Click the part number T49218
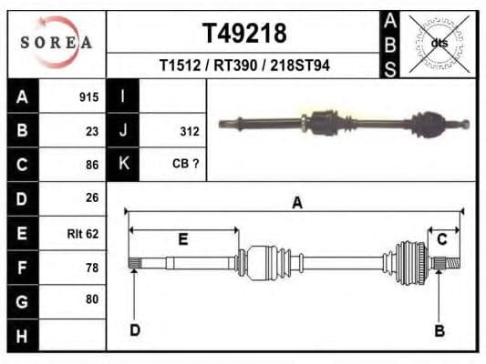point(243,34)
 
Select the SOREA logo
point(57,43)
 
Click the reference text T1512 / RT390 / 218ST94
point(243,66)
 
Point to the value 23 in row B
point(91,131)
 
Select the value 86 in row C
point(91,165)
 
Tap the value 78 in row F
point(91,267)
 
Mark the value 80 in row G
point(91,299)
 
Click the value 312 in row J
point(189,131)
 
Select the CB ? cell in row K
point(185,164)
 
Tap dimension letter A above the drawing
point(296,203)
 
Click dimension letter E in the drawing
point(182,239)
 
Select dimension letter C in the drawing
point(442,239)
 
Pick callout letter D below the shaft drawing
point(135,329)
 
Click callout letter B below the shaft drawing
point(439,331)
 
